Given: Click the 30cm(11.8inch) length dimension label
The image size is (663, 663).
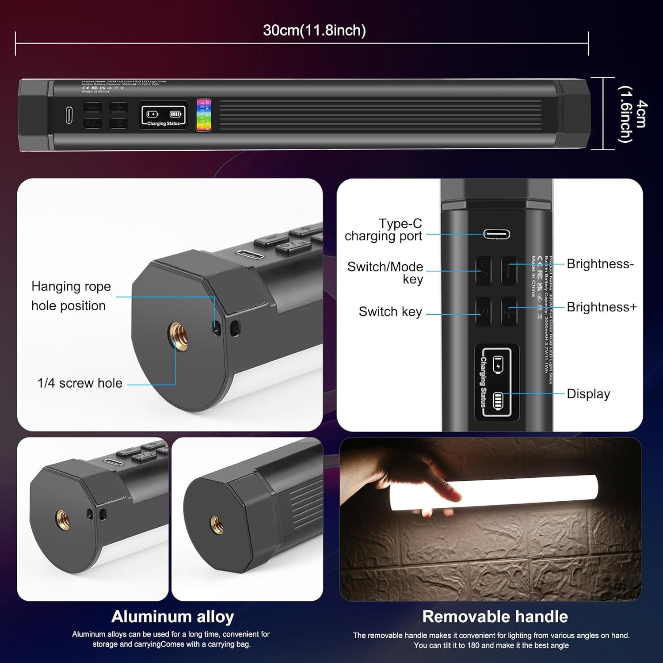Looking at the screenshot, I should click(314, 30).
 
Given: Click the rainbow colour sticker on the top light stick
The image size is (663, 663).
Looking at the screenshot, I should click(204, 115).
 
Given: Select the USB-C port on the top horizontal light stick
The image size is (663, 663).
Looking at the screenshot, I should click(69, 115).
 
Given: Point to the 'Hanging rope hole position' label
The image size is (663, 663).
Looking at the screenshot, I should click(71, 296).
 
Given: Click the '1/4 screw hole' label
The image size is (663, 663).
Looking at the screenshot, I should click(80, 383).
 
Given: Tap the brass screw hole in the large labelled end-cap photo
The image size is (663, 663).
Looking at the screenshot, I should click(179, 335).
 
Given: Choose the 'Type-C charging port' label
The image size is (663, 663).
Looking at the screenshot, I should click(384, 230).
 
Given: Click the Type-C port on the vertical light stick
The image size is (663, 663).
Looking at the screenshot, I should click(496, 234).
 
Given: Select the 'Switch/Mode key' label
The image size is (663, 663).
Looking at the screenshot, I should click(385, 273).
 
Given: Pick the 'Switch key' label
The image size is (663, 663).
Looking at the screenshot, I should click(390, 312).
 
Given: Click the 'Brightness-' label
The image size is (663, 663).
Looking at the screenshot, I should click(600, 264).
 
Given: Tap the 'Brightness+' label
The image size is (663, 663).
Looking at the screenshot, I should click(602, 307).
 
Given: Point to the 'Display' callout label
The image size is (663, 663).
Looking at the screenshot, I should click(588, 394).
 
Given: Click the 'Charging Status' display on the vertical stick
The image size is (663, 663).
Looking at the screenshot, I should click(496, 382).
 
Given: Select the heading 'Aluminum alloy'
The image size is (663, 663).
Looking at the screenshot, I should click(172, 617).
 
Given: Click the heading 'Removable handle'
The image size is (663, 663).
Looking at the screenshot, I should click(495, 617).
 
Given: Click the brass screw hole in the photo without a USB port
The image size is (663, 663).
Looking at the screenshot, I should click(217, 524).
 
